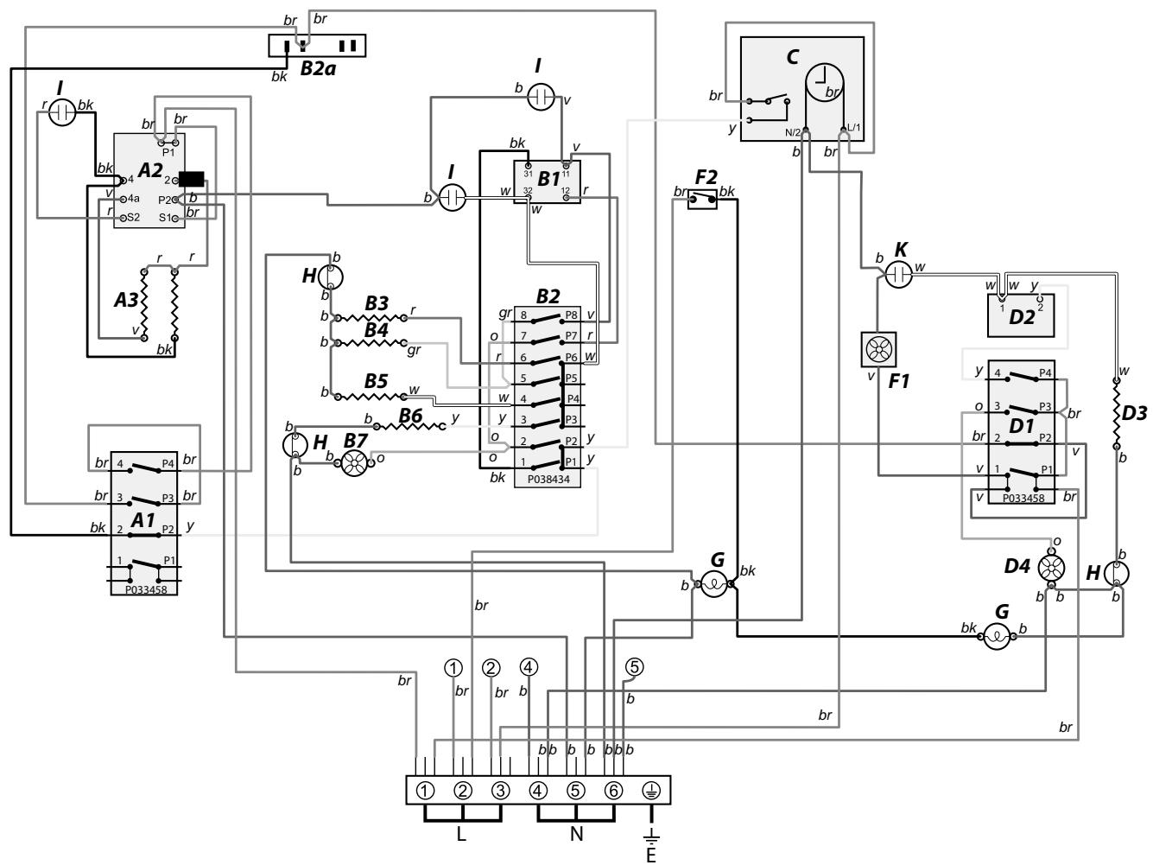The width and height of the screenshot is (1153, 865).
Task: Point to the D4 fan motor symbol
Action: (x=1051, y=567)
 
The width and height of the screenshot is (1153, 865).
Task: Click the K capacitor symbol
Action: (x=899, y=276)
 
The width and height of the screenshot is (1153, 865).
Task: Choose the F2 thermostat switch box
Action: (x=702, y=201)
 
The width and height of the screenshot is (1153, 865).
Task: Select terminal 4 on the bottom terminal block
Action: (x=539, y=791)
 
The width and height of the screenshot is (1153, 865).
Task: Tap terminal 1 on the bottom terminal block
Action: (x=425, y=791)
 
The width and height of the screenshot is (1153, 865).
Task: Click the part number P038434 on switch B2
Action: (x=547, y=479)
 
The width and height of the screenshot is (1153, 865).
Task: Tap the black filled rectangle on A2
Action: (x=192, y=180)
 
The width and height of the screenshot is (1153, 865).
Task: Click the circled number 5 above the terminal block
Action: (x=636, y=667)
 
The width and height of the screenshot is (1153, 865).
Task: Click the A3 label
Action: (x=125, y=300)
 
